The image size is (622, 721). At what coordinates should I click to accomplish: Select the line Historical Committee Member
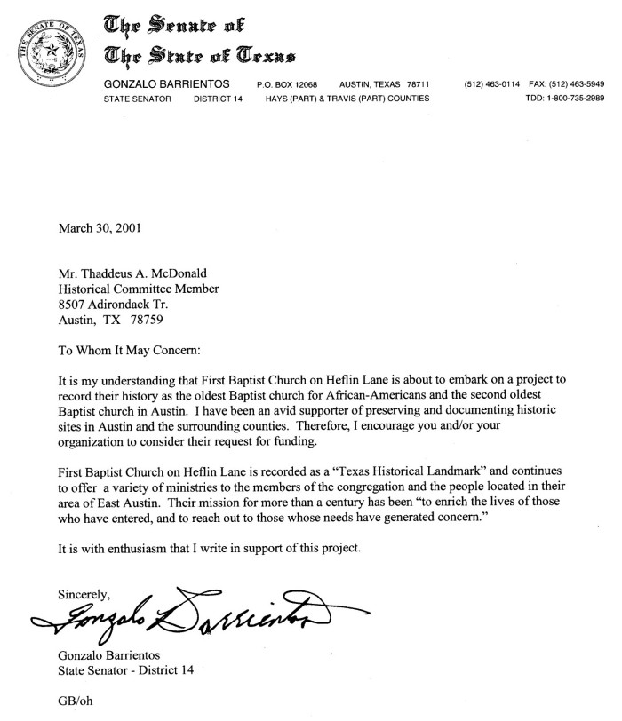click(x=138, y=289)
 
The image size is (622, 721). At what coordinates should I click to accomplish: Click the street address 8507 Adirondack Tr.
click(x=113, y=305)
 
